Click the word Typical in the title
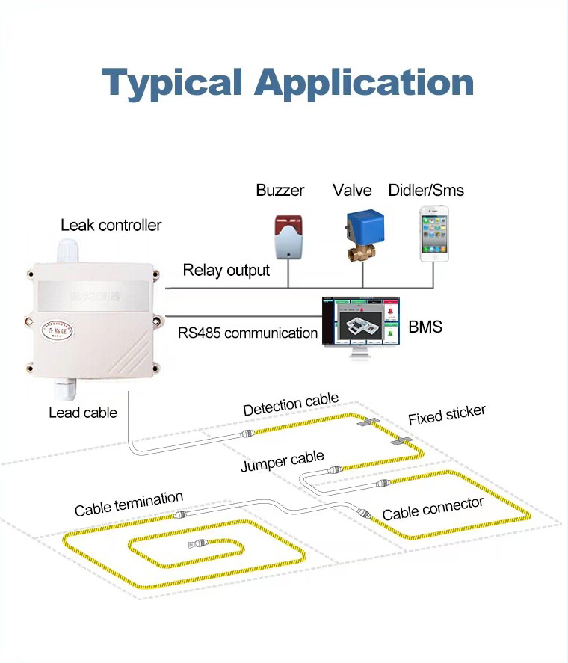pos(172,82)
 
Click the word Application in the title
pos(364,82)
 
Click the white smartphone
pos(434,233)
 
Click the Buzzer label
pos(280,190)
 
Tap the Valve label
pos(352,190)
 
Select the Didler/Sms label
pos(426,190)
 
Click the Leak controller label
pos(111,225)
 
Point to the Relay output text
pos(226,270)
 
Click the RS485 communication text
pos(247,333)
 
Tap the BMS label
pos(425,327)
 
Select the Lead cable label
pos(83,412)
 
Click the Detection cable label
pos(291,405)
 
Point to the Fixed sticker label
pos(447,415)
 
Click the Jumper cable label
pos(283,461)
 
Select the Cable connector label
pos(433,508)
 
